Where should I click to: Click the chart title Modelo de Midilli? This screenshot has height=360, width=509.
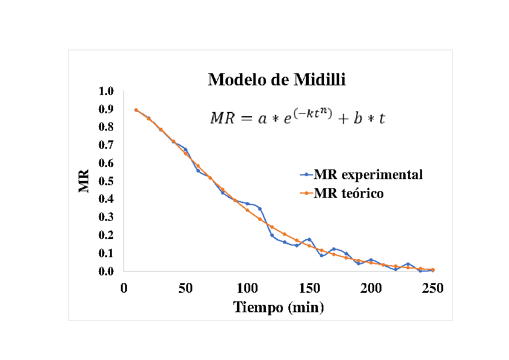click(277, 79)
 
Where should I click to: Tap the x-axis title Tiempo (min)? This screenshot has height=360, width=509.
click(279, 307)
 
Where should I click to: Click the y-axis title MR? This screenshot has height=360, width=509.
click(85, 180)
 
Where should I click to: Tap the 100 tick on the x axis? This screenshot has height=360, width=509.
click(247, 288)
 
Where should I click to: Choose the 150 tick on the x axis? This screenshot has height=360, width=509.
click(309, 288)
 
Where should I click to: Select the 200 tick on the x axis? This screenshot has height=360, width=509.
click(371, 288)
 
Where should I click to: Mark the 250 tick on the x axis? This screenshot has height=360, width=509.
click(432, 288)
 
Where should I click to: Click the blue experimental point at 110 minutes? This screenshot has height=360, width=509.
click(259, 209)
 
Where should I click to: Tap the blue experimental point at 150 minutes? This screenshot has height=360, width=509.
click(309, 240)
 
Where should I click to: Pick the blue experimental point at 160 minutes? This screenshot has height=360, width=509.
click(322, 255)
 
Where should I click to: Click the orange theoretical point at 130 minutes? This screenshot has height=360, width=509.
click(284, 234)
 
